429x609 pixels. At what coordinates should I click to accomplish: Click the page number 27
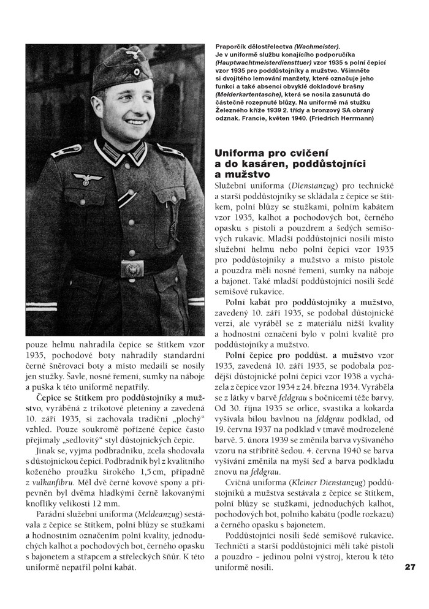[410, 567]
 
